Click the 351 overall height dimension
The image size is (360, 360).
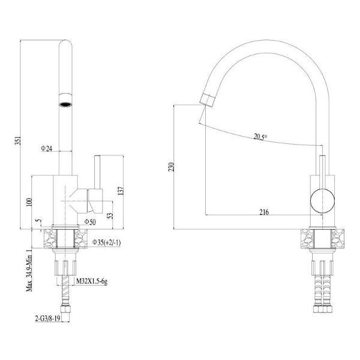19,141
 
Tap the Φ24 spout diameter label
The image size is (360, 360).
47,149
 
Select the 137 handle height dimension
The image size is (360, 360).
121,191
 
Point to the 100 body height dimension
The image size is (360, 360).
29,202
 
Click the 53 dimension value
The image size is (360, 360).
110,215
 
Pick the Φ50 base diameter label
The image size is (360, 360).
90,222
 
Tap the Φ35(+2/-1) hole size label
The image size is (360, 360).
107,242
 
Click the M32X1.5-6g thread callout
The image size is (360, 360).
92,281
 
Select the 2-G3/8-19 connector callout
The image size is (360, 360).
48,319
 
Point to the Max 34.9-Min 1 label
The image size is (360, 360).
29,271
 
